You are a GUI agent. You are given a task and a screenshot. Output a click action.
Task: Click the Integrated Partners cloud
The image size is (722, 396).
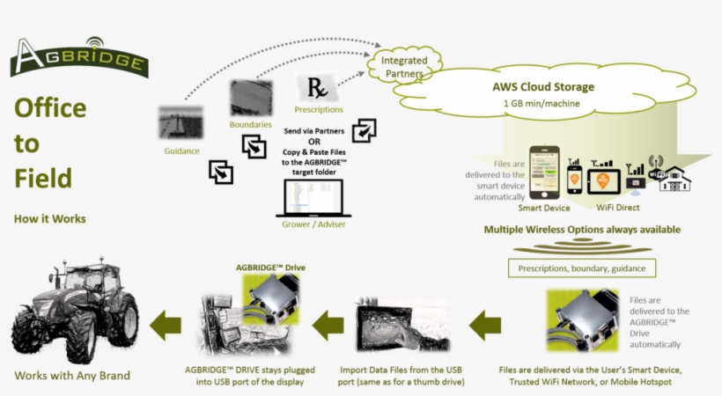coord(403,67)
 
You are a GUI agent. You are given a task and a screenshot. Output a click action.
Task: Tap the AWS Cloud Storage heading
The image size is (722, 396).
coord(542,87)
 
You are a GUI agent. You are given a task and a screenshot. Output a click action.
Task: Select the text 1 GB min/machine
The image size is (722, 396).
coord(542,103)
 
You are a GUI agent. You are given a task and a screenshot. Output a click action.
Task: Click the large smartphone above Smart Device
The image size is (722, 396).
coord(543,172)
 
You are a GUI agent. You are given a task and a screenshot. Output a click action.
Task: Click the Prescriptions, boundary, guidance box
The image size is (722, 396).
coord(581,268)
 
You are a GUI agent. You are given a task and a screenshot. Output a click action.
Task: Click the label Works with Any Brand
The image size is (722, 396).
coord(72,376)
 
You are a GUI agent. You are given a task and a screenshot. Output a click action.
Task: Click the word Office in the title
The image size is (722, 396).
coord(50,108)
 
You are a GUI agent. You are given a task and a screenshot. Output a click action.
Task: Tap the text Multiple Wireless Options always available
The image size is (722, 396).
coord(582,230)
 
